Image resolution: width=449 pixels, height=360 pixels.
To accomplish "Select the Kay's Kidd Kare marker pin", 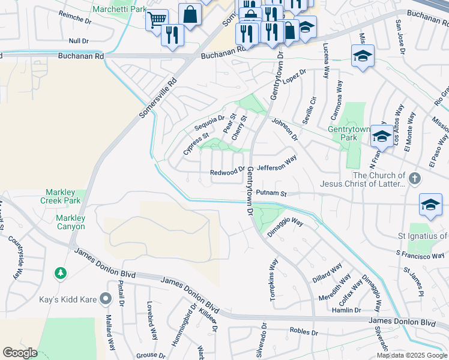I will pos(106,298).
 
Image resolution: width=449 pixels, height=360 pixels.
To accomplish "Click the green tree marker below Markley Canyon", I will pos(61,274).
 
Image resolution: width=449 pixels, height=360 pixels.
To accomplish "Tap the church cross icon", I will pos(414,178).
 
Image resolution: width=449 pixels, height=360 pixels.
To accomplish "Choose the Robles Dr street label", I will pos(303,331).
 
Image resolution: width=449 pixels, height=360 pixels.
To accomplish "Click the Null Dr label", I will pos(78,41).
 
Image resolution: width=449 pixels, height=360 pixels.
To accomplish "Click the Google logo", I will pos(20,353).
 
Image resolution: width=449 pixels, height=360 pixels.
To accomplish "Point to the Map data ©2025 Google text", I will pos(412,355).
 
